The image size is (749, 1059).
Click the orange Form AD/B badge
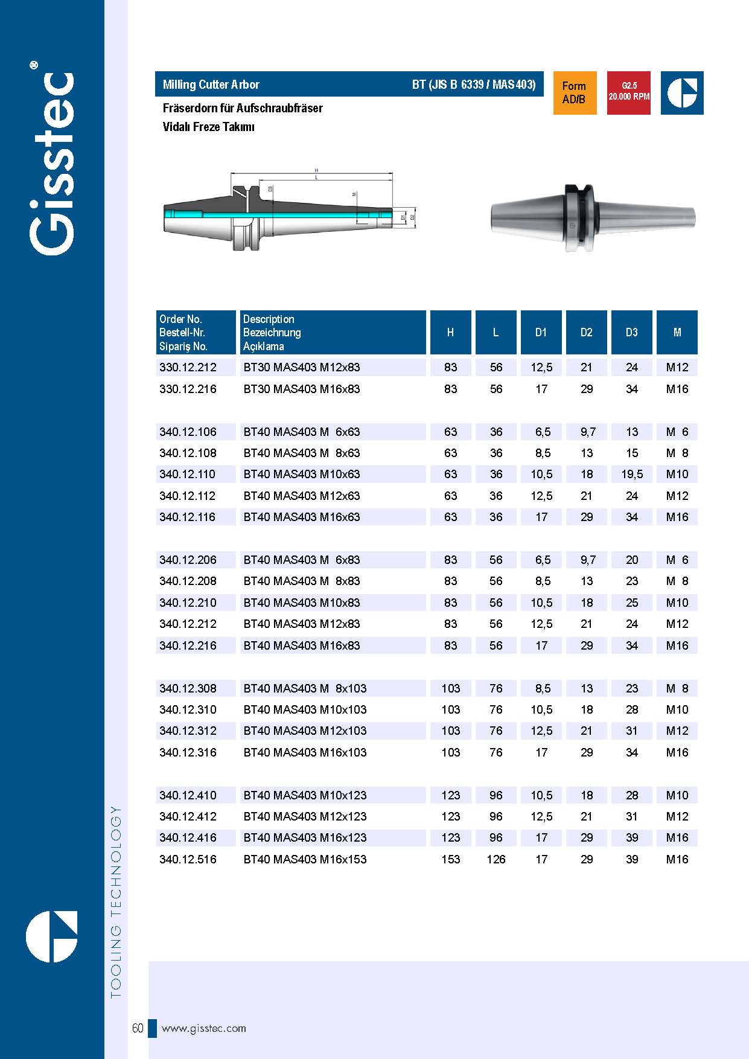pyautogui.click(x=575, y=93)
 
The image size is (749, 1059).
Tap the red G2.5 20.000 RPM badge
pyautogui.click(x=628, y=93)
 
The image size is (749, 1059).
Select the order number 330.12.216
pyautogui.click(x=188, y=389)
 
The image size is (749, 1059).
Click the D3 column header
pyautogui.click(x=631, y=332)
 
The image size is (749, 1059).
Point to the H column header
pyautogui.click(x=450, y=332)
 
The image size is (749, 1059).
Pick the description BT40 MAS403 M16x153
pyautogui.click(x=305, y=859)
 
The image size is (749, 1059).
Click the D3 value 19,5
pyautogui.click(x=631, y=474)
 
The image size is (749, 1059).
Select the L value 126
pyautogui.click(x=496, y=859)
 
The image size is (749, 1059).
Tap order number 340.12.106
pyautogui.click(x=188, y=432)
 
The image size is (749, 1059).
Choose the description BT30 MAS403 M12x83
pyautogui.click(x=301, y=367)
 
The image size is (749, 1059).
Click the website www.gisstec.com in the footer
pyautogui.click(x=204, y=1028)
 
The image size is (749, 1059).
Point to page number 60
pyautogui.click(x=138, y=1028)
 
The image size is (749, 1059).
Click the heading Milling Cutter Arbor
pyautogui.click(x=211, y=85)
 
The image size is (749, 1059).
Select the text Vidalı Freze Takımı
pyautogui.click(x=209, y=127)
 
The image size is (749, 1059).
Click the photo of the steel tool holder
pyautogui.click(x=593, y=218)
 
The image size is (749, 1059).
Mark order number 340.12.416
pyautogui.click(x=188, y=837)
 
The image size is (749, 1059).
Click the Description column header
pyautogui.click(x=269, y=332)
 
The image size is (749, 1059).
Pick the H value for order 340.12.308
pyautogui.click(x=450, y=688)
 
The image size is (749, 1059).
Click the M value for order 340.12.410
pyautogui.click(x=677, y=795)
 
